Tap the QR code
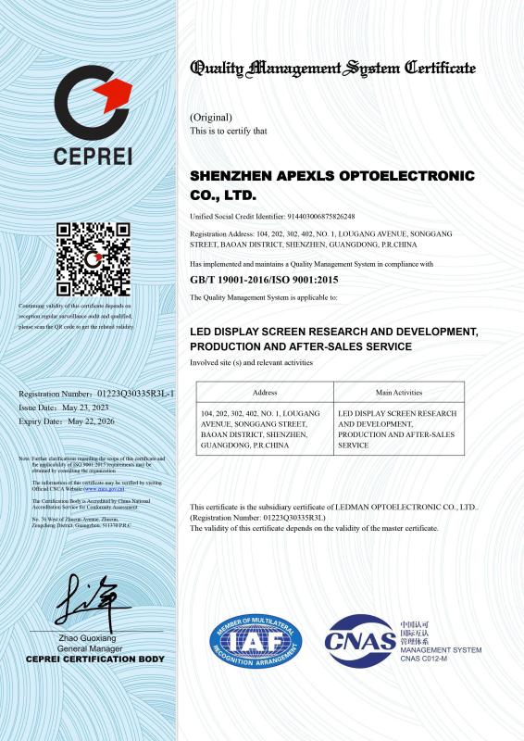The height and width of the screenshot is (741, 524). pos(90,259)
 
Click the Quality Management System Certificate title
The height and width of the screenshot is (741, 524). pos(332,68)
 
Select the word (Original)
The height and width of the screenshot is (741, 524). pos(210,118)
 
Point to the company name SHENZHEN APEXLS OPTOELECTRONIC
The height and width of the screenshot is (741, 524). pos(331,175)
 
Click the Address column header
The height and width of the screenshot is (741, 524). pos(265,393)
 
